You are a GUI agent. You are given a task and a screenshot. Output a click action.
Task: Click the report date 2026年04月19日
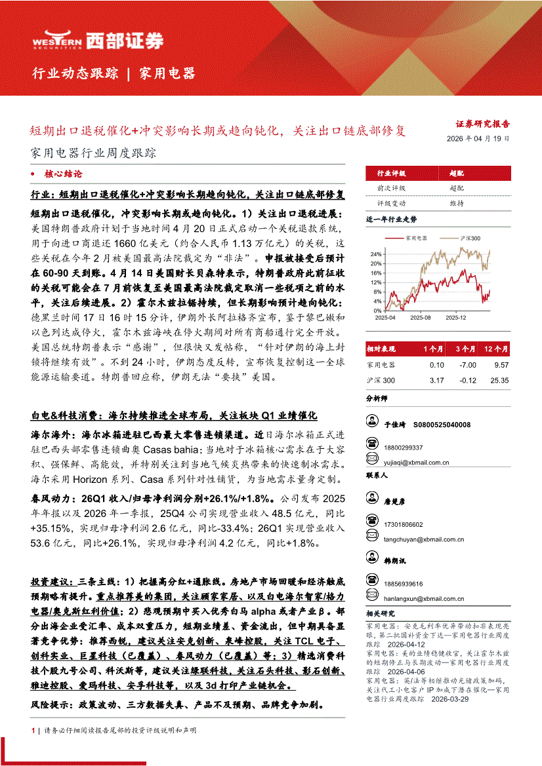(x=477, y=139)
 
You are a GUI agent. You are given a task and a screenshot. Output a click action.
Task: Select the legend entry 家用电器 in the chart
(x=416, y=238)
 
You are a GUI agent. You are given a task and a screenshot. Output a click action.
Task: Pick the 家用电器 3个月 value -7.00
(x=467, y=364)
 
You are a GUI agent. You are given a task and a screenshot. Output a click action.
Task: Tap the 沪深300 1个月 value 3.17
(x=436, y=380)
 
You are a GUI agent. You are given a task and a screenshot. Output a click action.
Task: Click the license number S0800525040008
(x=442, y=425)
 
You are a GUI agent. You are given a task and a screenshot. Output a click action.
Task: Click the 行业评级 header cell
(x=391, y=174)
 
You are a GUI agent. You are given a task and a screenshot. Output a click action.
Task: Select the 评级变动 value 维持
(x=457, y=203)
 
